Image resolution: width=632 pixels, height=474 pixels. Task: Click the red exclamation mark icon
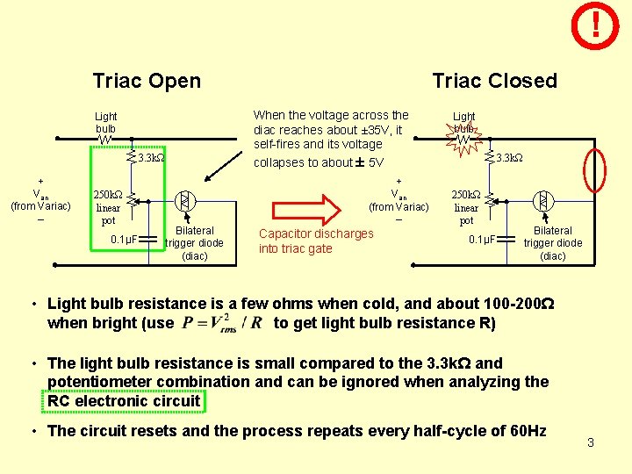pos(596,25)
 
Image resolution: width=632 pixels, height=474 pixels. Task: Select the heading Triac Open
pos(147,82)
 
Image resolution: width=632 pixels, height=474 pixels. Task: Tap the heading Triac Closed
pos(494,82)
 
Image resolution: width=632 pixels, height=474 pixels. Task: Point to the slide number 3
pos(591,442)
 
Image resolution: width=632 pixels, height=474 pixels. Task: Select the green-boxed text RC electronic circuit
pos(125,401)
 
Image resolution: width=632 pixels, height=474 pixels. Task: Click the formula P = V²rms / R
pos(223,322)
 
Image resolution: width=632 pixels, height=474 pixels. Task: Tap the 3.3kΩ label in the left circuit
pos(152,159)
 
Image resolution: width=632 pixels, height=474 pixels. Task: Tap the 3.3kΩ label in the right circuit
pos(509,159)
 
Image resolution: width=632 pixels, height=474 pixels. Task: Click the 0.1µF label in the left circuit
pos(126,240)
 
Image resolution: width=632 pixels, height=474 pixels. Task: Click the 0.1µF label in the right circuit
pos(483,239)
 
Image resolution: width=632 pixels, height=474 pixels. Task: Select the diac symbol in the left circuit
pos(184,201)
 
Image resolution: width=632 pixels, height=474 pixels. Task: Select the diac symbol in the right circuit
pos(543,201)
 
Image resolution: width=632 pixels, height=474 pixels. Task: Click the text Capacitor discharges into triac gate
pos(316,241)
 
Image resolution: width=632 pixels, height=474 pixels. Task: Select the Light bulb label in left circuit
pos(106,122)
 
